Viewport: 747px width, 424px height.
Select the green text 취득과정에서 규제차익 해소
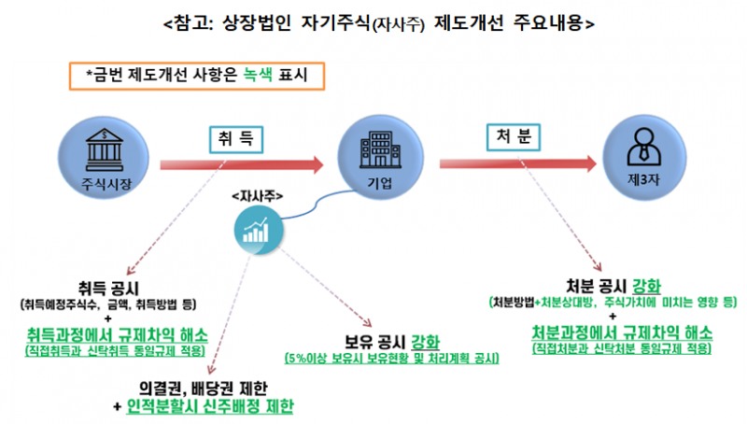tap(118, 333)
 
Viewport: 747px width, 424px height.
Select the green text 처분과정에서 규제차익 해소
tap(621, 332)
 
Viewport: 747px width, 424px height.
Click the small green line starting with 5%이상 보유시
tap(392, 360)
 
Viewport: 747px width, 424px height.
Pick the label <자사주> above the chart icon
tap(258, 197)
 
